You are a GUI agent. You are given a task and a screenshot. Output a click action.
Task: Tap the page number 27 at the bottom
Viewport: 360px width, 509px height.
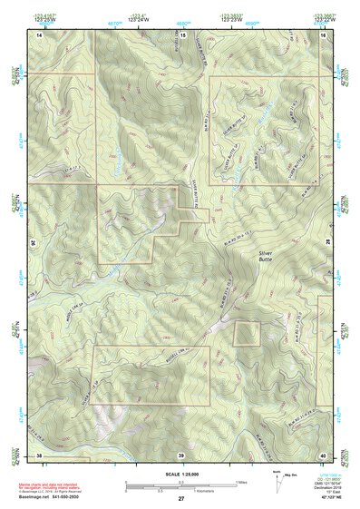coord(181,499)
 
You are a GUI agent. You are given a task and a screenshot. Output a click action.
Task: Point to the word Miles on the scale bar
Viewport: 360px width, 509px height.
coord(239,482)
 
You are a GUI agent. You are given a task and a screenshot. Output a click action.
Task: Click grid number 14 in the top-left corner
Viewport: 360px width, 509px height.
coord(39,34)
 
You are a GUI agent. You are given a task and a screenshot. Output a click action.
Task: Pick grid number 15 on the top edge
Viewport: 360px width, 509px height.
coord(181,34)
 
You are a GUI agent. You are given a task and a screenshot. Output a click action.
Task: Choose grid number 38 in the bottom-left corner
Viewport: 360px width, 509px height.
coord(39,455)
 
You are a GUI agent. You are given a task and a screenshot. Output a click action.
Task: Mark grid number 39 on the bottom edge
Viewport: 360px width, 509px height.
coord(181,455)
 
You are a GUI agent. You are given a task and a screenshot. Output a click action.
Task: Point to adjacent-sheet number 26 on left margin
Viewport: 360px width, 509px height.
coord(34,243)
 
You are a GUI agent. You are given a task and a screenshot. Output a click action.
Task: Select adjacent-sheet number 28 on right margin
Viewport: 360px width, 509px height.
coord(328,243)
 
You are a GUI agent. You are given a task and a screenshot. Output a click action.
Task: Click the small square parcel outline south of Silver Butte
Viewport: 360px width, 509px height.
coord(247,333)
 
